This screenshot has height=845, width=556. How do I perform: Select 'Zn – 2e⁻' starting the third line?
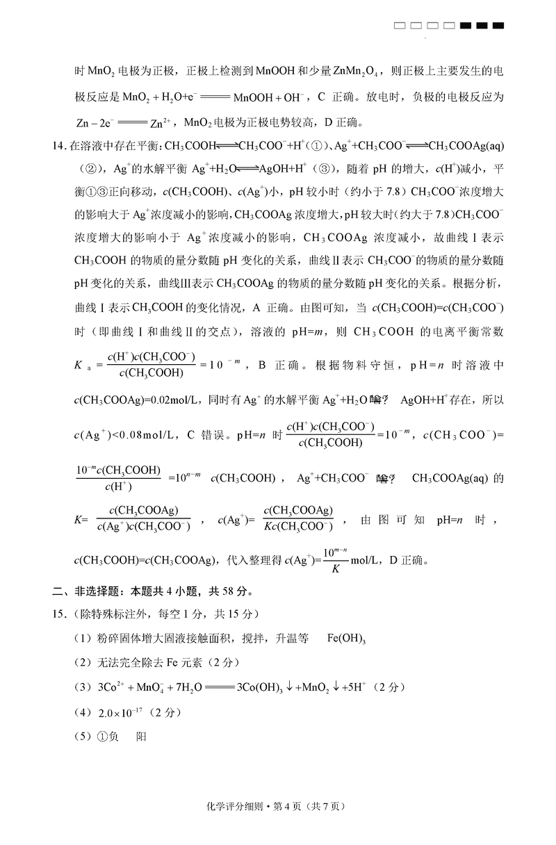95,124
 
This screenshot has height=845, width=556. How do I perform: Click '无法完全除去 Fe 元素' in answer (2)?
140,664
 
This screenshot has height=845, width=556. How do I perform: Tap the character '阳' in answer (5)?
142,737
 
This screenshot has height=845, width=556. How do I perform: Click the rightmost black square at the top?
498,26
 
